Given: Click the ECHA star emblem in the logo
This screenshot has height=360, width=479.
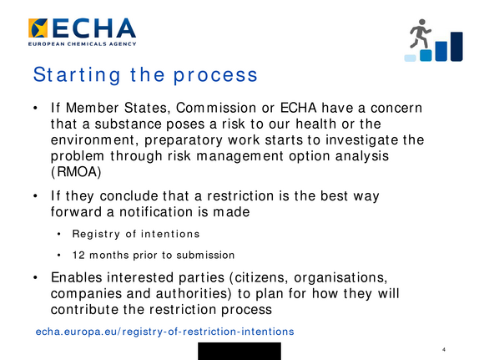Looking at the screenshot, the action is (x=38, y=28).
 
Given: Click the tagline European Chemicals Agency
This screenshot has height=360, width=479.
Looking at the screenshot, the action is (x=82, y=44).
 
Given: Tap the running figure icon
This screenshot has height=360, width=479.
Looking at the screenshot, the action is (x=420, y=33).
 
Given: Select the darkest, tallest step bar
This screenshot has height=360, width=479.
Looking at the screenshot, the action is (x=456, y=47).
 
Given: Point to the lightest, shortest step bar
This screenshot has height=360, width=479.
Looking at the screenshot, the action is (x=410, y=58).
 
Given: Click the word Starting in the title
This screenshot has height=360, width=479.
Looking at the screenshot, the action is (x=77, y=75).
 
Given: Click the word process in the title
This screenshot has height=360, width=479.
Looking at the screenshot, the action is (x=215, y=76).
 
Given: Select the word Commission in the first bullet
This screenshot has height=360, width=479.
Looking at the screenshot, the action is (x=216, y=108).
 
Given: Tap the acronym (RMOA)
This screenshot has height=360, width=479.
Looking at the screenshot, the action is (x=76, y=172).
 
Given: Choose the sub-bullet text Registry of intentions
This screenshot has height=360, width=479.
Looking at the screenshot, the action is (x=136, y=234).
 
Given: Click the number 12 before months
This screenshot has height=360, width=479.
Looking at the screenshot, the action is (x=78, y=255).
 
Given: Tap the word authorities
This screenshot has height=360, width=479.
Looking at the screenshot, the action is (x=194, y=294).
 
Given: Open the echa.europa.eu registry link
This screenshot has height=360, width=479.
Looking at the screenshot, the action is (x=165, y=332).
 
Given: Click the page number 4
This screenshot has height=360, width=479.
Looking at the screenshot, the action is (x=444, y=349).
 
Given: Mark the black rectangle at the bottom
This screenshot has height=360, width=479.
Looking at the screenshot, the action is (x=239, y=351).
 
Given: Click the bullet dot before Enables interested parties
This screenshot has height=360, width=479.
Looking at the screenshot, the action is (x=36, y=277).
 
